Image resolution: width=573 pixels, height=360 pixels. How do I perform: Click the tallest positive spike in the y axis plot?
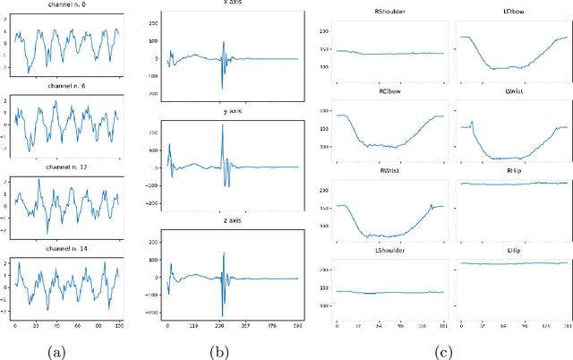(222, 125)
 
